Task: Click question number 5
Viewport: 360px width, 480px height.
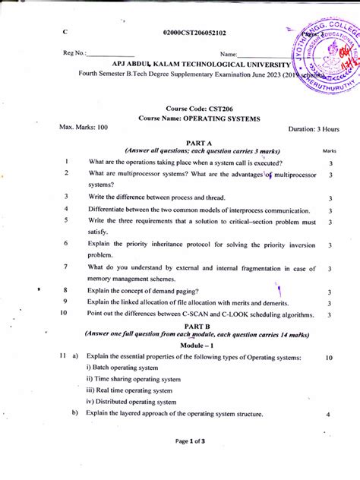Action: pos(67,221)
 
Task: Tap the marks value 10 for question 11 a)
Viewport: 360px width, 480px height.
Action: pos(329,357)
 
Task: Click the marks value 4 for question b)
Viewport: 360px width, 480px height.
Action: pos(329,415)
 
